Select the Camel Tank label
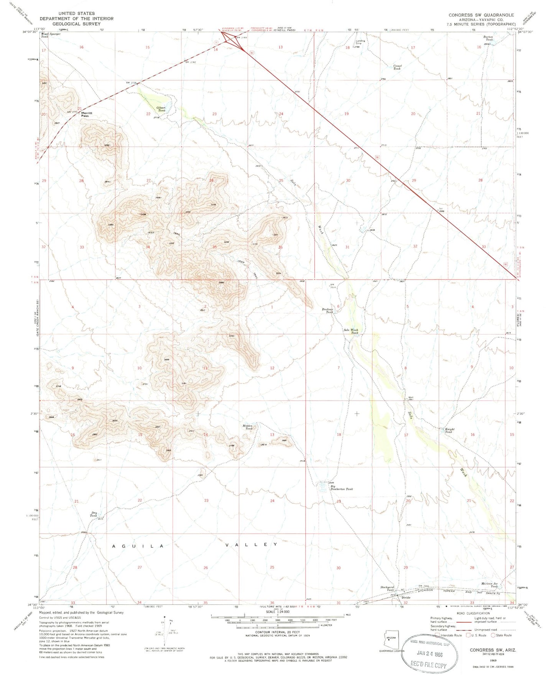[397, 67]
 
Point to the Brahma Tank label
[330, 311]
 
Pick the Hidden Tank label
[248, 427]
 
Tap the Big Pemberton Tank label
[341, 487]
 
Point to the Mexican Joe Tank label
[490, 585]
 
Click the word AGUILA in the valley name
[138, 546]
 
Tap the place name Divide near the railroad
[406, 598]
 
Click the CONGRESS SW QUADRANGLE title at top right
[481, 15]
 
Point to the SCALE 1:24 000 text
[276, 622]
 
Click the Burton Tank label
[489, 38]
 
